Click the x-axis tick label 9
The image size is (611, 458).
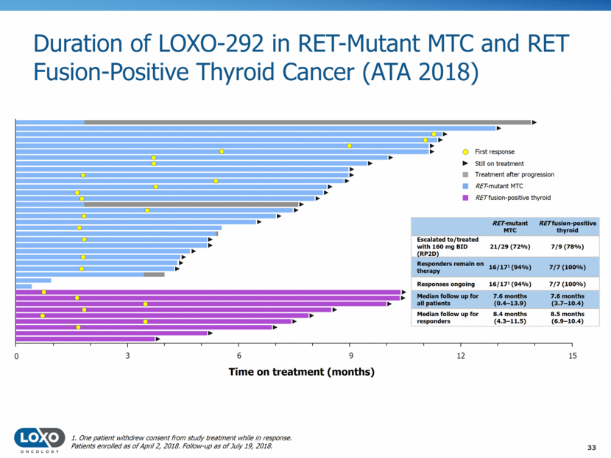click(x=350, y=357)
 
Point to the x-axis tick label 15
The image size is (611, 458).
click(x=573, y=357)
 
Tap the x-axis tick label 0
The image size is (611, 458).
click(x=16, y=357)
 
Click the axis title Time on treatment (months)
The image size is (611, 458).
click(x=301, y=372)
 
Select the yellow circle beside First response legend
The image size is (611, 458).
click(x=456, y=151)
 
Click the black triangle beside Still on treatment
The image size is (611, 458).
click(x=456, y=163)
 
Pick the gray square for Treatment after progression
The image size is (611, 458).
click(x=456, y=174)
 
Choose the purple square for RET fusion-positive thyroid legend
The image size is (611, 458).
click(x=456, y=198)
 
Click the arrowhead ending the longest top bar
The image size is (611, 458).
click(x=534, y=122)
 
